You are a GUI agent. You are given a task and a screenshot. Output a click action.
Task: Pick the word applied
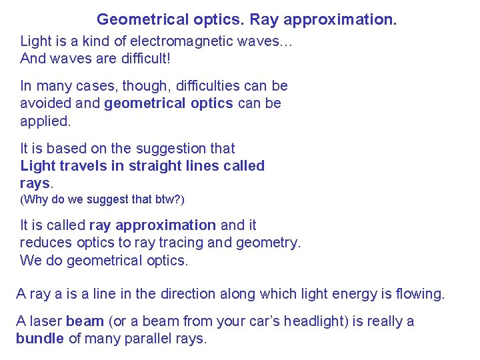[45, 121]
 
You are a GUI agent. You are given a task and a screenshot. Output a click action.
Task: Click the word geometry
[271, 243]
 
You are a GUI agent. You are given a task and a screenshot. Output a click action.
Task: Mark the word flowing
[419, 294]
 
